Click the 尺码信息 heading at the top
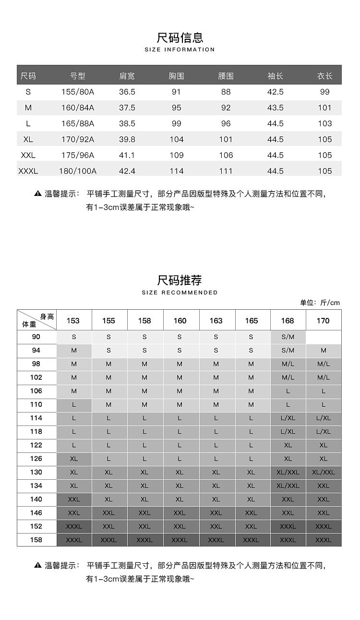[x=180, y=37]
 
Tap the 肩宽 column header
[x=127, y=76]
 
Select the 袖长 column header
[x=275, y=76]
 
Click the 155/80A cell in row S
[x=78, y=92]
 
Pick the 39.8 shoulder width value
[x=127, y=139]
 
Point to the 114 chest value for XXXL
[x=177, y=171]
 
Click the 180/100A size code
[x=78, y=171]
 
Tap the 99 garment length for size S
[x=324, y=92]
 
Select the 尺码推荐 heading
[x=180, y=280]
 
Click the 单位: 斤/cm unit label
[x=320, y=303]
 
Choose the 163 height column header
[x=216, y=321]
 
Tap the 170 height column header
[x=323, y=321]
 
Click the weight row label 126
[x=36, y=459]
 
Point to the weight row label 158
[x=36, y=540]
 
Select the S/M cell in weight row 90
[x=288, y=337]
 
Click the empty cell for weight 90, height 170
[x=324, y=337]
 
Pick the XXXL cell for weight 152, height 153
[x=74, y=526]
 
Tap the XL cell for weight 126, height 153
[x=74, y=459]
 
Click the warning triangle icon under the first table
[x=38, y=194]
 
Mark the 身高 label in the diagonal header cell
[x=47, y=316]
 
